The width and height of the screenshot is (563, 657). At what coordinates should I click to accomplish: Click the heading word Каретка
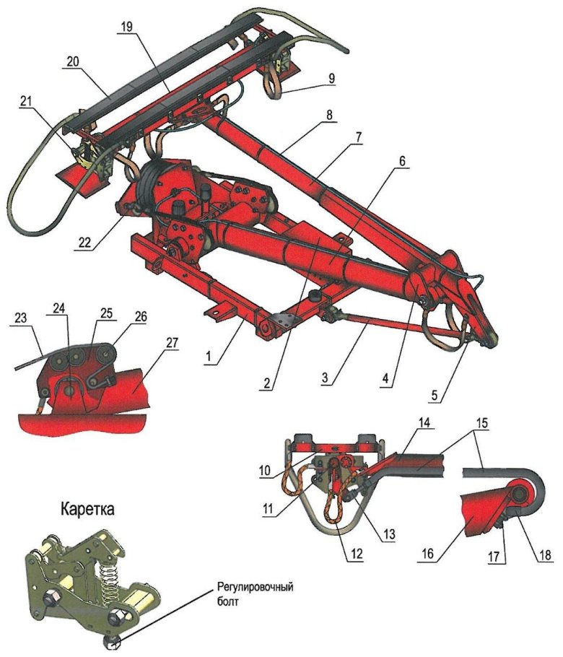(x=87, y=509)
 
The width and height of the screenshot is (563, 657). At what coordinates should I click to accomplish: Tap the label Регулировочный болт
(x=255, y=594)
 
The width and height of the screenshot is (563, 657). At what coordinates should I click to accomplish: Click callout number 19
(x=126, y=27)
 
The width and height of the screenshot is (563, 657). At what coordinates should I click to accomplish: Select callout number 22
(x=85, y=243)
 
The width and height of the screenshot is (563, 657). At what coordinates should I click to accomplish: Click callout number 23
(x=20, y=318)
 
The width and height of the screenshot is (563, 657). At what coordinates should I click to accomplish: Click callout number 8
(x=331, y=115)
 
